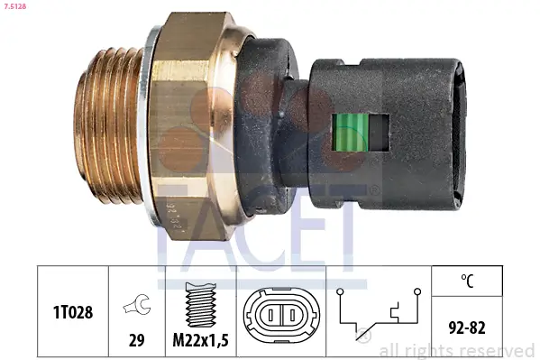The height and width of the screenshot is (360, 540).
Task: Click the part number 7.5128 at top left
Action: (x=17, y=7)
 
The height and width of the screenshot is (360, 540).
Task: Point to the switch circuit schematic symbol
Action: (x=379, y=316)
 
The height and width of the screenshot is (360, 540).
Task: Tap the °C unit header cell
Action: (x=466, y=282)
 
